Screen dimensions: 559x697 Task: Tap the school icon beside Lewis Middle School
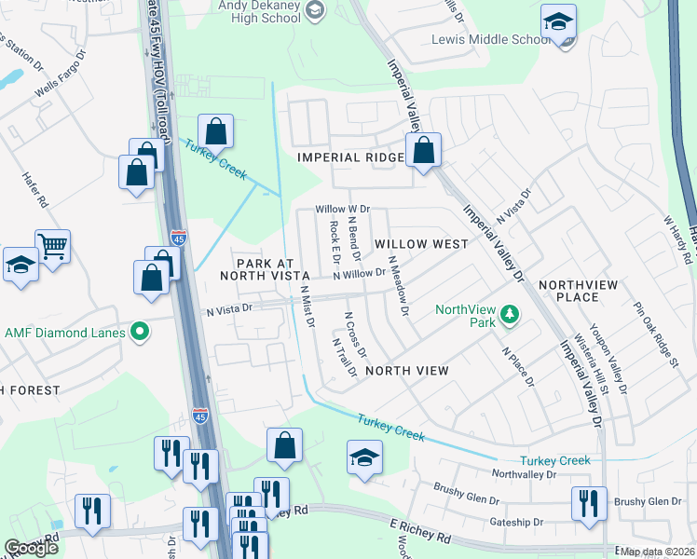click(x=558, y=21)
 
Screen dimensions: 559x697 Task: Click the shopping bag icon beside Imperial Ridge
click(x=423, y=149)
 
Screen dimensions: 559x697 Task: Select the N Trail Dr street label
click(x=345, y=358)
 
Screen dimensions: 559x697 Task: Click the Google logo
click(x=32, y=548)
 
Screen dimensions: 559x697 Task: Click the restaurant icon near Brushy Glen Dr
click(x=589, y=502)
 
